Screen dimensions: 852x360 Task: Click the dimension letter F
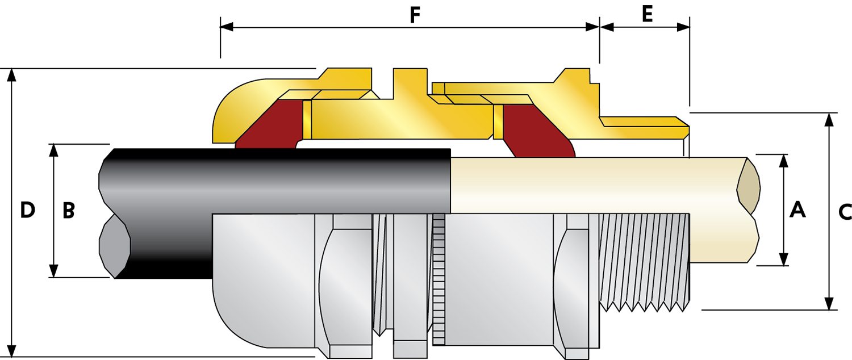415,15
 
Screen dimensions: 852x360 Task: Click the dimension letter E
647,14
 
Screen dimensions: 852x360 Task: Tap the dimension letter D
27,210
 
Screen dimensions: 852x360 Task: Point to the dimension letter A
797,210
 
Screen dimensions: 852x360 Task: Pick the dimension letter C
845,212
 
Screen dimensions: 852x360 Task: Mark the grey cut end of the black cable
115,247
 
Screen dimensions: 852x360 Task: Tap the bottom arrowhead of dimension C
829,303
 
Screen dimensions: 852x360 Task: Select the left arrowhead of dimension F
227,27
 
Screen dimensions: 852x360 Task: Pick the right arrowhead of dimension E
683,27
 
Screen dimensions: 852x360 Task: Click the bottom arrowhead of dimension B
54,271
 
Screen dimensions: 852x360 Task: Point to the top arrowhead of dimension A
783,161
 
